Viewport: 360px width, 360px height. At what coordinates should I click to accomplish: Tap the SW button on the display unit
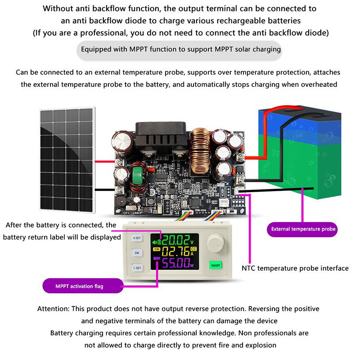tap(136, 253)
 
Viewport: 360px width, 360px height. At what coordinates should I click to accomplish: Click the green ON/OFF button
tap(215, 265)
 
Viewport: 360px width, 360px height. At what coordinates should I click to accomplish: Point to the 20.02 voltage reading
tap(177, 239)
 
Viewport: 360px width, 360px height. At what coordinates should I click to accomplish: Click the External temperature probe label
tap(303, 229)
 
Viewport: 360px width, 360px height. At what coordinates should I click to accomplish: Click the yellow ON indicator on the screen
tap(156, 249)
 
